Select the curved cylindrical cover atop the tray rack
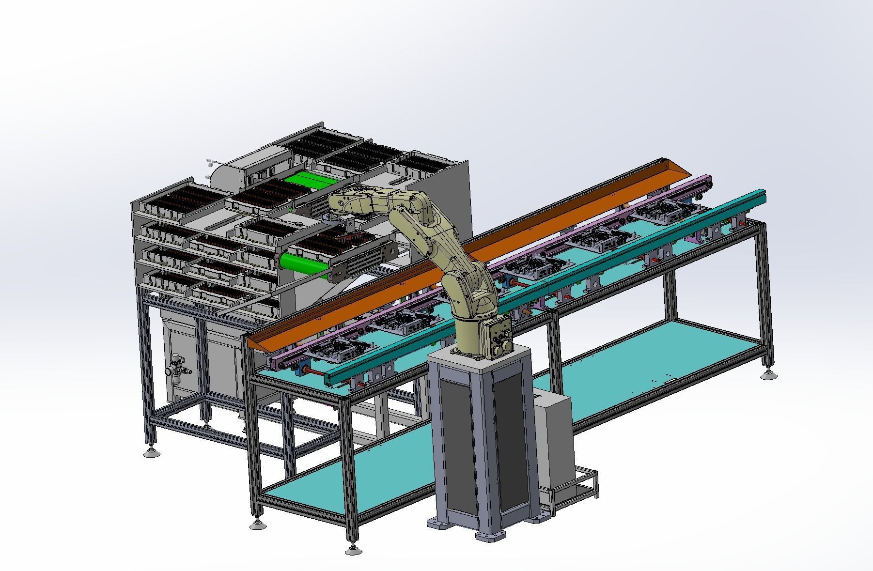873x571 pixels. (228, 174)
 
